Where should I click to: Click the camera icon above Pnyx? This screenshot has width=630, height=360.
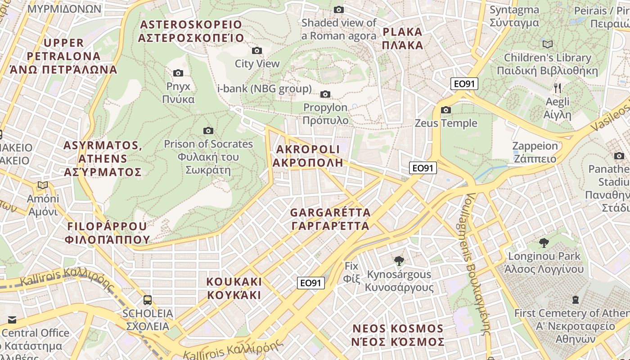coord(178,73)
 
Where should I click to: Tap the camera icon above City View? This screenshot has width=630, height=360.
coord(257,50)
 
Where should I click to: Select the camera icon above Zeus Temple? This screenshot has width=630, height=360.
coord(446,110)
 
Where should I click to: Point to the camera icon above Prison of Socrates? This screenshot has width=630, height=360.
coord(208,130)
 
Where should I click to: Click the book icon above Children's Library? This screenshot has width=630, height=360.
coord(548,44)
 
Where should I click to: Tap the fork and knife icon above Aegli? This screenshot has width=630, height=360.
coord(557,88)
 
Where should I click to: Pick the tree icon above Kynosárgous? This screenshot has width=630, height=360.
coord(399,261)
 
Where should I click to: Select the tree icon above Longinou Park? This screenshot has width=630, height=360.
coord(544,243)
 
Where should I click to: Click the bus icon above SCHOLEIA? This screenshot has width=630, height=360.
coord(147,300)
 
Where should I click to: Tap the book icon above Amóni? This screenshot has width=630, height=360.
coord(43,185)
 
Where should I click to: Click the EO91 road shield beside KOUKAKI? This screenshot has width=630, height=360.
coord(311,283)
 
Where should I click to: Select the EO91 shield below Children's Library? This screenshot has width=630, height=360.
coord(464,84)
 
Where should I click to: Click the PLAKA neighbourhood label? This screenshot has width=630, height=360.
coord(402,38)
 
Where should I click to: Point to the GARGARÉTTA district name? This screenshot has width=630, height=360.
coord(330,219)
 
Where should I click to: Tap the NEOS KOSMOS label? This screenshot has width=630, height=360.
coord(398,335)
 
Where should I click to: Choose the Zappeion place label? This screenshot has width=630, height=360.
coord(535,152)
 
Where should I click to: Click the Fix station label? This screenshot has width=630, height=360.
coord(351,272)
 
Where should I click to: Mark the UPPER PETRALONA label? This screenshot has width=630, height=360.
coord(63,56)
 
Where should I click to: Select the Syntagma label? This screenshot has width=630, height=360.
coord(514,16)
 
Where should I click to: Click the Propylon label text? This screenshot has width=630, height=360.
coord(325,114)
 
